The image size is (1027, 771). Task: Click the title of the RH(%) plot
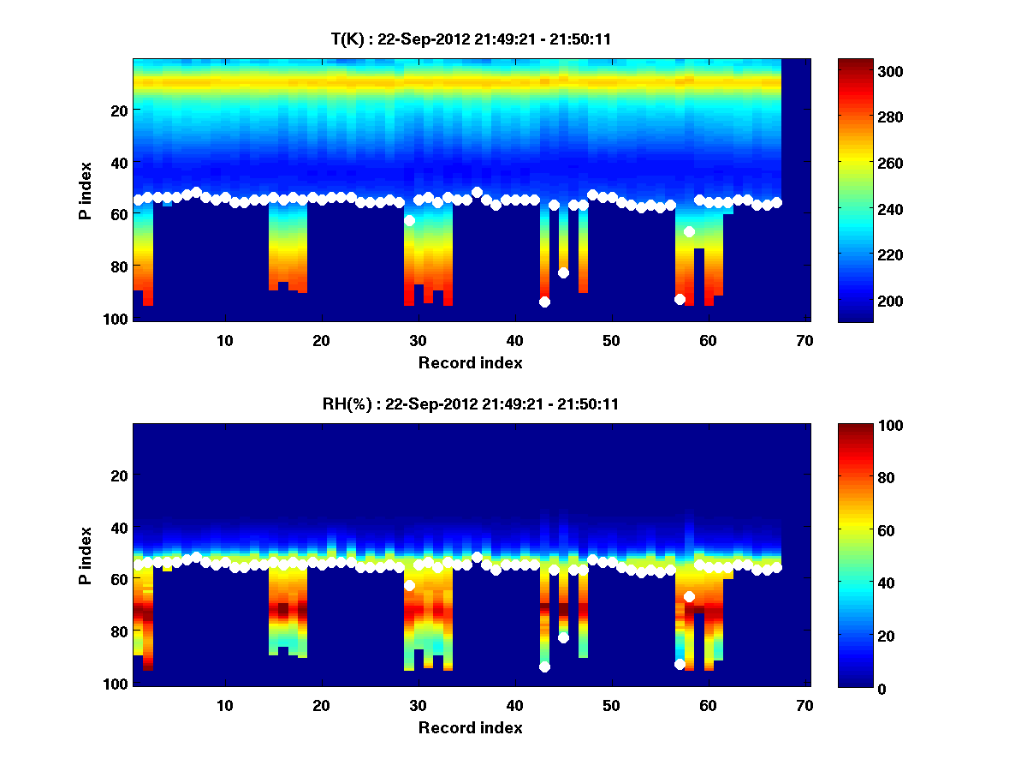pos(466,403)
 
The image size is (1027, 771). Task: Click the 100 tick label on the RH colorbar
pos(858,426)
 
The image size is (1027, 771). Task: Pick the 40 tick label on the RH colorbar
pos(855,583)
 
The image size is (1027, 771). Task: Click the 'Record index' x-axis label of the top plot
pos(470,362)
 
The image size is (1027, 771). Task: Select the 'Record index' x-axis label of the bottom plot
pos(470,727)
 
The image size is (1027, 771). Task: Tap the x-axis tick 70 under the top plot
pos(804,340)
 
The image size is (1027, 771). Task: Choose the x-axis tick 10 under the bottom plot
pos(224,705)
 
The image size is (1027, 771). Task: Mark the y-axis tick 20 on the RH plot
pos(120,475)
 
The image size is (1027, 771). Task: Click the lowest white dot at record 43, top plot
pos(544,302)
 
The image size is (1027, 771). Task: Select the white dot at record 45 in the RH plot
pos(563,637)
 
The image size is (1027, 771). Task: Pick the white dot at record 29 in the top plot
pos(409,221)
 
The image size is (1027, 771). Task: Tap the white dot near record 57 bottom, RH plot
pos(680,664)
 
